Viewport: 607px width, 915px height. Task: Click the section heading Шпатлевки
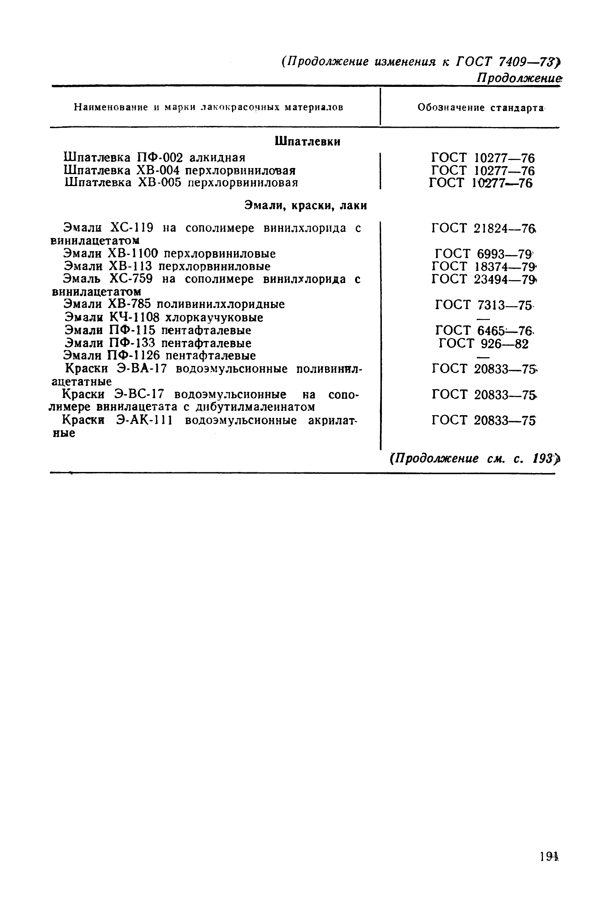(x=307, y=142)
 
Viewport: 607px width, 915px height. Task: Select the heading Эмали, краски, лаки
(x=305, y=206)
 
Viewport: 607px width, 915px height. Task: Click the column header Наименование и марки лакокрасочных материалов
(x=208, y=107)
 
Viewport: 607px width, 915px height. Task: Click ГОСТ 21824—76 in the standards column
(x=484, y=228)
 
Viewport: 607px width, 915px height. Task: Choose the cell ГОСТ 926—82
(x=484, y=343)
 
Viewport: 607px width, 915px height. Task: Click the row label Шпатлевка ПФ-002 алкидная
(x=155, y=157)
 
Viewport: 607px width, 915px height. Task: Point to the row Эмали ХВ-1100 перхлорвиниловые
(x=169, y=254)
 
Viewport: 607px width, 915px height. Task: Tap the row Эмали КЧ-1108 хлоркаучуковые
(x=164, y=318)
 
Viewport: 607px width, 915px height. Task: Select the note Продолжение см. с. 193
(x=475, y=459)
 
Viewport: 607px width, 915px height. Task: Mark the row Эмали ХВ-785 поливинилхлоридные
(x=174, y=305)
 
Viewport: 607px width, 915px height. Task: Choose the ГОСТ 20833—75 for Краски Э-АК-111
(x=484, y=420)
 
